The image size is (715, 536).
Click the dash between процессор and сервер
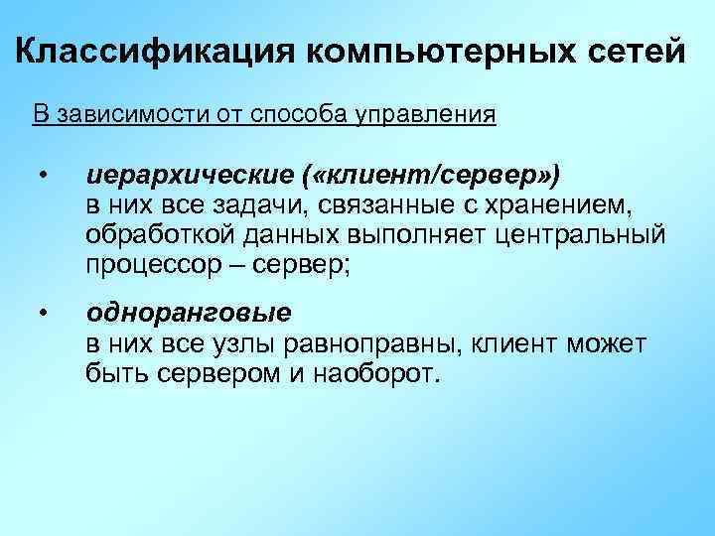click(238, 265)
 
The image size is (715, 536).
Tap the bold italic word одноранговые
click(189, 314)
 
